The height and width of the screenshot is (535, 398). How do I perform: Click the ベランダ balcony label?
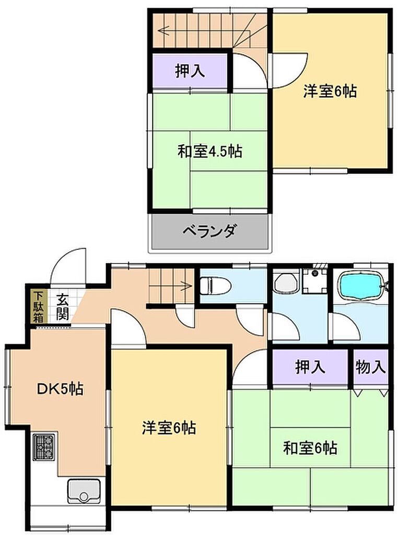pyautogui.click(x=209, y=231)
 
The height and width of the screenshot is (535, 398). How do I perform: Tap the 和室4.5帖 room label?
pyautogui.click(x=210, y=150)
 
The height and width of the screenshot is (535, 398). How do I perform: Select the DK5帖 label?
pyautogui.click(x=60, y=388)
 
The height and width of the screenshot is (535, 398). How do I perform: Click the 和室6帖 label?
pyautogui.click(x=310, y=447)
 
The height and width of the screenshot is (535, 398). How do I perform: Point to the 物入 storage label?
pyautogui.click(x=371, y=367)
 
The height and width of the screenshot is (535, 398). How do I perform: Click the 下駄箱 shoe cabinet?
pyautogui.click(x=38, y=307)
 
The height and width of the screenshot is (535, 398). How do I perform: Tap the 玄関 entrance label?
pyautogui.click(x=62, y=306)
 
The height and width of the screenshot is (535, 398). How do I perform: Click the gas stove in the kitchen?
pyautogui.click(x=44, y=447)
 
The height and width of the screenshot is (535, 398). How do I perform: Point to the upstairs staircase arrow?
pyautogui.click(x=205, y=31)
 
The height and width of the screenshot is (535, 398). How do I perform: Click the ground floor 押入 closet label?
pyautogui.click(x=310, y=367)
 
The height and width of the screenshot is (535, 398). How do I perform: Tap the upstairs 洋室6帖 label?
pyautogui.click(x=330, y=91)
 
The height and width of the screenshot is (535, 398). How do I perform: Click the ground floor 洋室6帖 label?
pyautogui.click(x=169, y=427)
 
